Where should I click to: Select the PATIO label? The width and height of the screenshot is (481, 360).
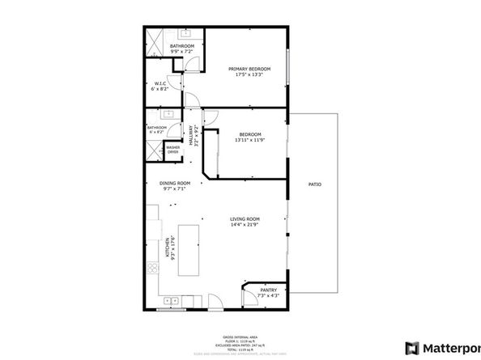(x=314, y=185)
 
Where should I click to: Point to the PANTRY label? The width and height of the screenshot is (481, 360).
(x=268, y=290)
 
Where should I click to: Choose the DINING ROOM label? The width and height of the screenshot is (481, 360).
(x=174, y=184)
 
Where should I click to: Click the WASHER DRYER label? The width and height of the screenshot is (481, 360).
(x=172, y=150)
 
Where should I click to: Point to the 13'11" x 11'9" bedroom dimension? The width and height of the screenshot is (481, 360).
(x=249, y=140)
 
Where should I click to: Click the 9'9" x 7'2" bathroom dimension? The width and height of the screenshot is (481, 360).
(x=182, y=51)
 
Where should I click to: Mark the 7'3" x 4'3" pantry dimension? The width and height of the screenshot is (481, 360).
(x=268, y=295)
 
